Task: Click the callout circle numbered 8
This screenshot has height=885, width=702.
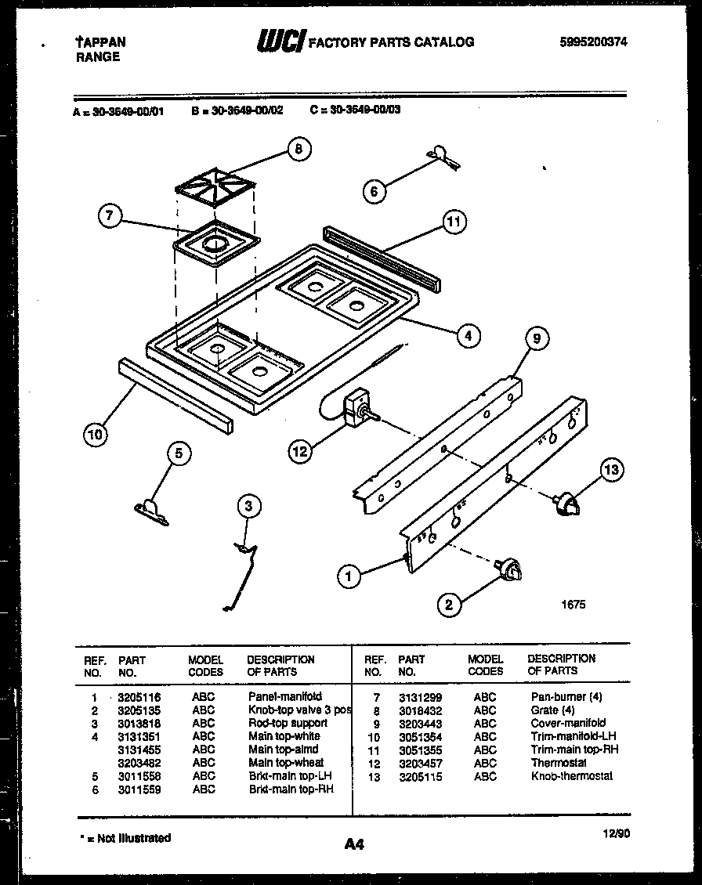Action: point(298,150)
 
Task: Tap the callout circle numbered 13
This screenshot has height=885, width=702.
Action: point(611,470)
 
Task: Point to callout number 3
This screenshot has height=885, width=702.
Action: point(248,507)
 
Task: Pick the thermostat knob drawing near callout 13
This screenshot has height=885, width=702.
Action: point(566,504)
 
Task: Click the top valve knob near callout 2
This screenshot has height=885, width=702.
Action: point(508,571)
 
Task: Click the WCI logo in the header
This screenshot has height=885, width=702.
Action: point(280,42)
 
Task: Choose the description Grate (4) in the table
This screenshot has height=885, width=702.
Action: point(552,710)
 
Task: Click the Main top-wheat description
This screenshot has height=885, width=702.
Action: point(286,763)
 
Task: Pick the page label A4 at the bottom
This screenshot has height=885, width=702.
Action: point(354,843)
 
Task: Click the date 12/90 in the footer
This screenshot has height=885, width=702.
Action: point(617,833)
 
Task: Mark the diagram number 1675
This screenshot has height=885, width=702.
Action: point(574,605)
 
